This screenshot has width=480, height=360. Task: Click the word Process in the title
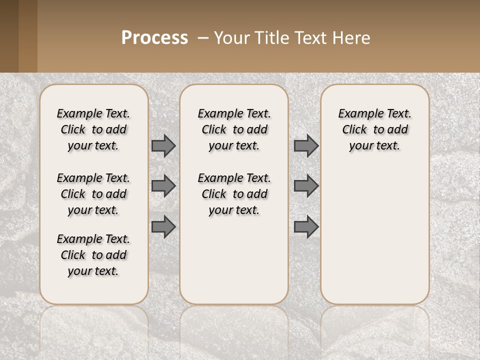(154, 38)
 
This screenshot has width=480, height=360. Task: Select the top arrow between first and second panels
(163, 146)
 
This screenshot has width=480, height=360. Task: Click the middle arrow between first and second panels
(163, 186)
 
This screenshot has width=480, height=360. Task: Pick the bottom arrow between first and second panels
(163, 227)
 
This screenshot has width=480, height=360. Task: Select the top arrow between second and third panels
(306, 146)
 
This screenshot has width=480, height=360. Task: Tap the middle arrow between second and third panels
(306, 186)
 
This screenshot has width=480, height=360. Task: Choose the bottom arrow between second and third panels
(306, 227)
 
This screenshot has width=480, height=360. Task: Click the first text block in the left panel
(93, 129)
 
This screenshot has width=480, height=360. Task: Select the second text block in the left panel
(93, 194)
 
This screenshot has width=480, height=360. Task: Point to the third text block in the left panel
(93, 255)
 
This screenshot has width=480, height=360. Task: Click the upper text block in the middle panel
(234, 129)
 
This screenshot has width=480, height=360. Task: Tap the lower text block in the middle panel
(234, 194)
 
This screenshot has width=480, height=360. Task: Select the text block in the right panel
(375, 129)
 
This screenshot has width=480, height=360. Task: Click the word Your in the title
(231, 38)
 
